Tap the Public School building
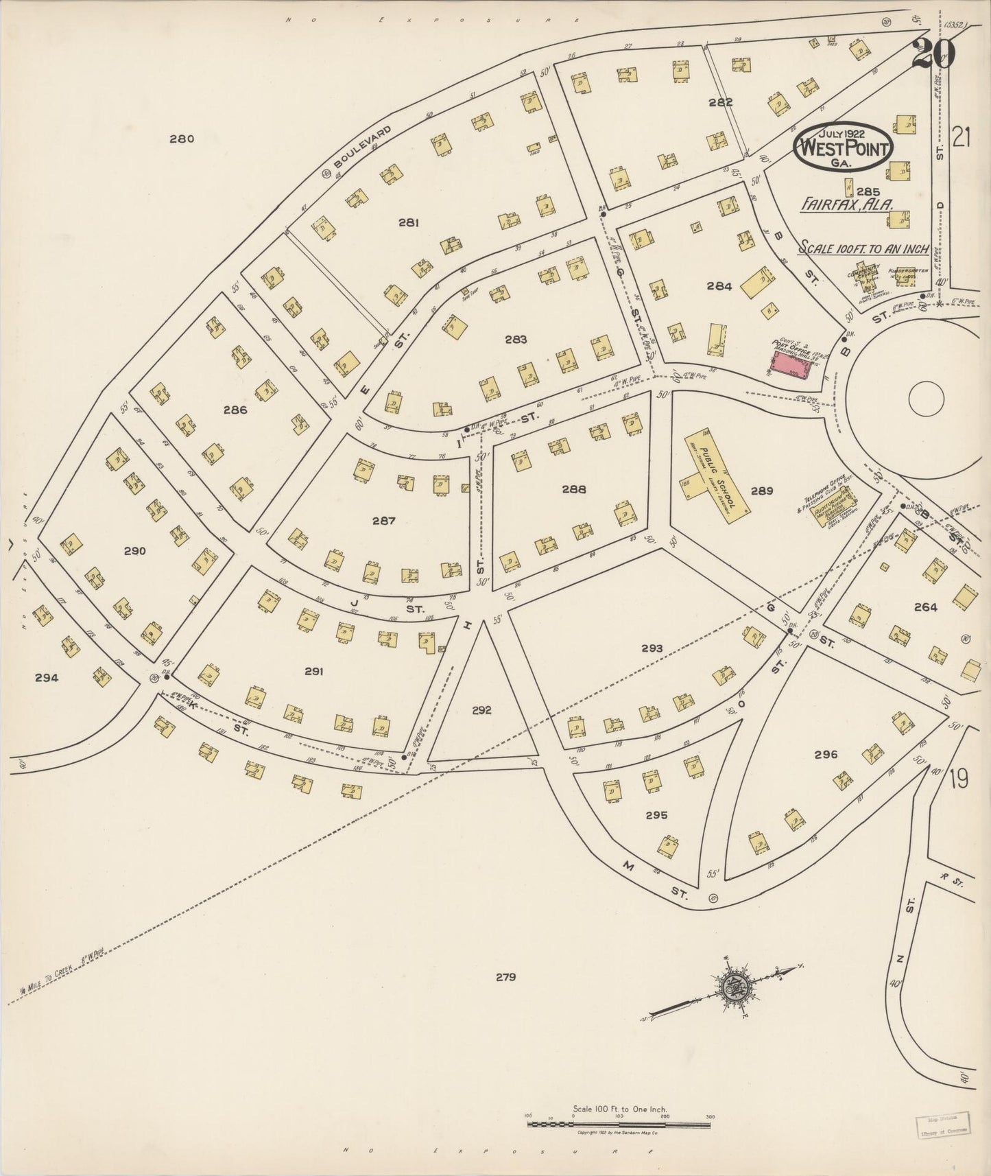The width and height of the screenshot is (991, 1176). click(x=713, y=478)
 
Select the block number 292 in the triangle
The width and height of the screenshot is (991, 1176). click(x=481, y=710)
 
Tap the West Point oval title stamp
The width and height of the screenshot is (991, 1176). click(x=842, y=145)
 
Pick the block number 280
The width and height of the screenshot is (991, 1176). click(x=182, y=139)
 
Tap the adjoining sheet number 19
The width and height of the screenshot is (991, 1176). click(x=959, y=780)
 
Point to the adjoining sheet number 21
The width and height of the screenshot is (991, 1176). click(x=962, y=139)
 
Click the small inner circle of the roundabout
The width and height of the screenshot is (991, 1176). click(x=927, y=397)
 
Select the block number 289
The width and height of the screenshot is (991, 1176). click(x=761, y=491)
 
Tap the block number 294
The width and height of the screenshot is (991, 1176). click(x=46, y=678)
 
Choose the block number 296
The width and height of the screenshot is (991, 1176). click(x=826, y=755)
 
